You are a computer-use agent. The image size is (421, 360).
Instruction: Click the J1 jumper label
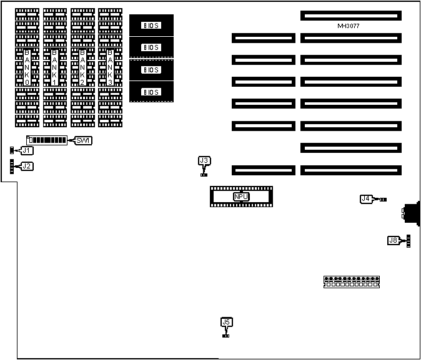(26, 150)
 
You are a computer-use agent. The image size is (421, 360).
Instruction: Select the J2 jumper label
(26, 166)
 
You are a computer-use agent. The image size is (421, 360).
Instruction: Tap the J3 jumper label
(204, 161)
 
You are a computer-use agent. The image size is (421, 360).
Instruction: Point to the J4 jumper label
(366, 198)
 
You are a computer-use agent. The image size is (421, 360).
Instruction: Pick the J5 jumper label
(226, 322)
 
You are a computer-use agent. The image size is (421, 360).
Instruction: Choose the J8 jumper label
(393, 240)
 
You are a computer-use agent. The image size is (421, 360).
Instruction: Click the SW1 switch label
(83, 140)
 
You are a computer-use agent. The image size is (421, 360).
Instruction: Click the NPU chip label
(241, 197)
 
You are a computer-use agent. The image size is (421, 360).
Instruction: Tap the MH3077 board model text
(348, 26)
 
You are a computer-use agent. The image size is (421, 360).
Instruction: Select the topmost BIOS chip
(151, 25)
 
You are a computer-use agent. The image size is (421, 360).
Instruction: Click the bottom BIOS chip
(151, 92)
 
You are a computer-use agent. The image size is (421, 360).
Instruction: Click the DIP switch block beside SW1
(47, 140)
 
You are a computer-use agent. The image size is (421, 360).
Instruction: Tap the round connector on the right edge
(412, 213)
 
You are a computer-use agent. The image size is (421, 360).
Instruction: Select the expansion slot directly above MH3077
(350, 14)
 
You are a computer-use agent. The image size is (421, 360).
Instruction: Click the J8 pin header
(408, 240)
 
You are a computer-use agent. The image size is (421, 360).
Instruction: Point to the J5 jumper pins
(225, 336)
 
